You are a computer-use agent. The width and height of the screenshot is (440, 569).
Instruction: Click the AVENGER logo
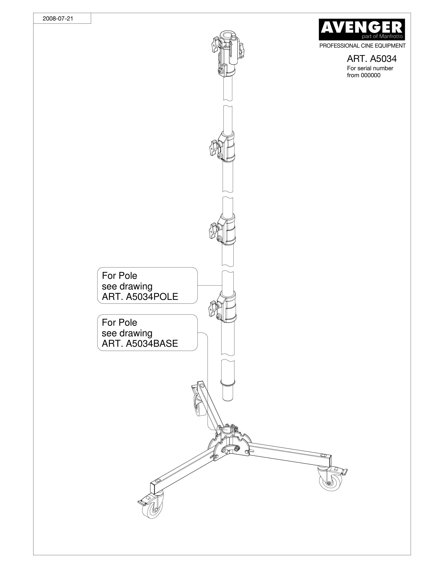click(362, 29)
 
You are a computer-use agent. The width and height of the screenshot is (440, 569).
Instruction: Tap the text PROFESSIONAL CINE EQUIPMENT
click(362, 46)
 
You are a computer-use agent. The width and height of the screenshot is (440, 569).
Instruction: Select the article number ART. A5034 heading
click(371, 59)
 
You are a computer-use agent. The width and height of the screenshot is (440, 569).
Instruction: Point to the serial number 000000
click(371, 75)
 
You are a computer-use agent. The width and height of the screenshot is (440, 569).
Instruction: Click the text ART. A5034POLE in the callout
click(140, 297)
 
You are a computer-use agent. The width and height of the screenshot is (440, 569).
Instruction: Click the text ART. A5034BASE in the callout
click(140, 344)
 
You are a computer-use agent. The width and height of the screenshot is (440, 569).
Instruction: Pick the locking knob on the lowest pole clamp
click(214, 307)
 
